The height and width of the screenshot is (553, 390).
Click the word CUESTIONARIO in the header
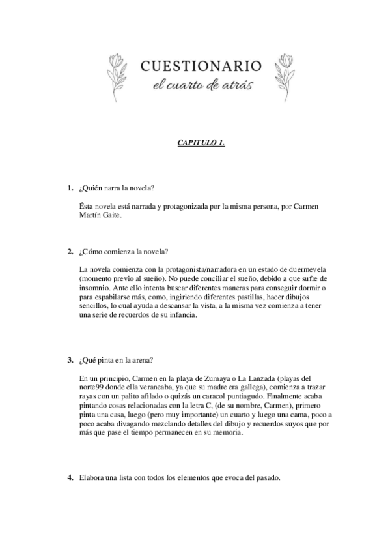(x=201, y=65)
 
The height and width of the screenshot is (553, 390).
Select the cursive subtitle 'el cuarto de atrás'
(x=201, y=85)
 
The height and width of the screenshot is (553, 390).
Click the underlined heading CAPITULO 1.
(x=201, y=142)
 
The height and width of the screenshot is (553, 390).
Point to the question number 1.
(x=70, y=188)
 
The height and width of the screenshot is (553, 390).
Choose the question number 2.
(x=70, y=252)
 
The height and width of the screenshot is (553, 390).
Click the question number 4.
(x=70, y=477)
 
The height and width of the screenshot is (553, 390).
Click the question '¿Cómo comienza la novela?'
(x=120, y=252)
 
